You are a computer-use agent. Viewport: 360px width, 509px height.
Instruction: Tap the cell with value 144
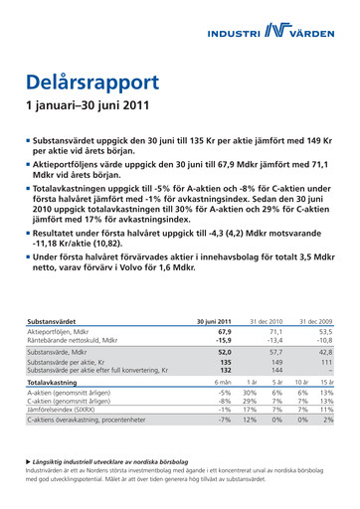coord(276,371)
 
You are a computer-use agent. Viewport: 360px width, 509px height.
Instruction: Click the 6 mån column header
coord(221,382)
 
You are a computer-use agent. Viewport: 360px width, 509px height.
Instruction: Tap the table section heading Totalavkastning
coord(54,382)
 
